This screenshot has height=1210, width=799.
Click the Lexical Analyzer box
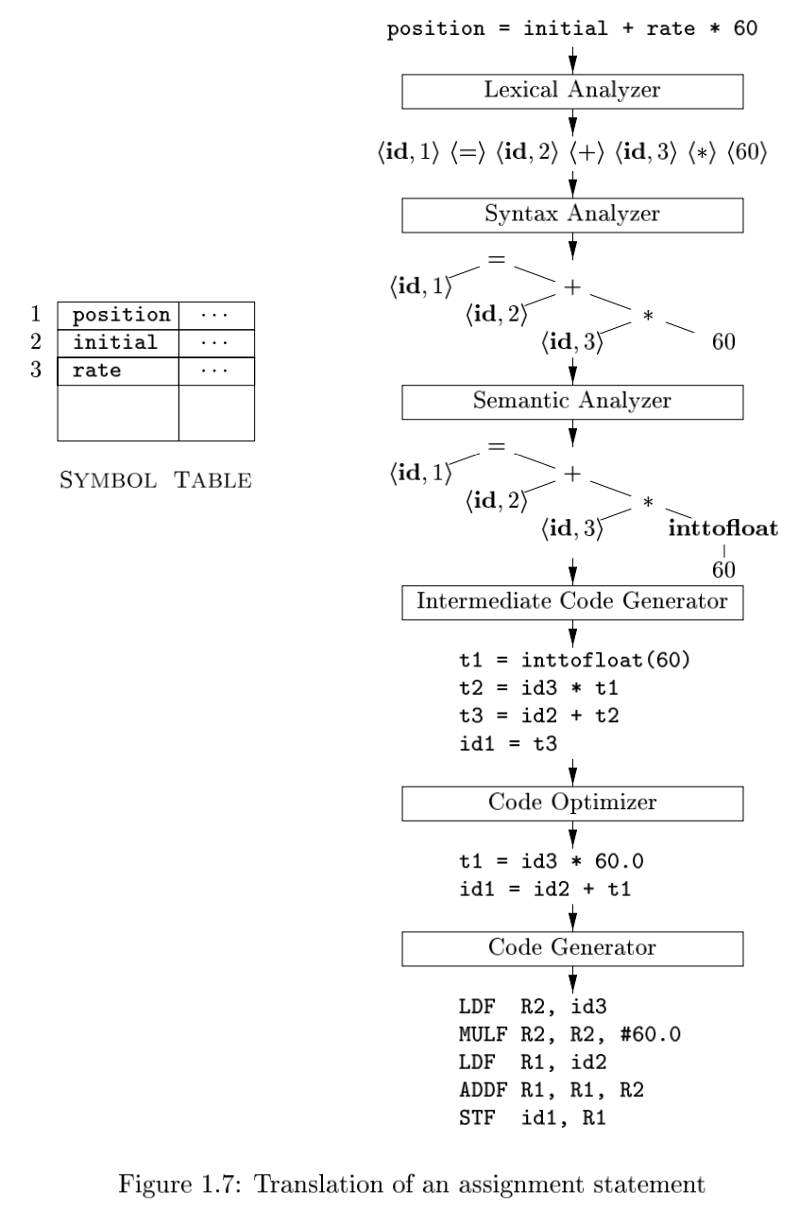[x=572, y=92]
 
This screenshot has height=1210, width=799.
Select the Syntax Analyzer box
[x=572, y=215]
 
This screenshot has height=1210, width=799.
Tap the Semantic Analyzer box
[x=572, y=402]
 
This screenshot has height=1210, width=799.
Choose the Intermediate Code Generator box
[x=572, y=602]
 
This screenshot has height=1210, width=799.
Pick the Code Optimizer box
[x=572, y=804]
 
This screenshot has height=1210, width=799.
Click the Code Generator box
[x=572, y=948]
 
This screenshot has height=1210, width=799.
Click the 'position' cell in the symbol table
[x=118, y=316]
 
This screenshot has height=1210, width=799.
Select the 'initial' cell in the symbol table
[x=118, y=343]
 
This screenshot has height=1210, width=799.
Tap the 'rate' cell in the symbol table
[x=118, y=372]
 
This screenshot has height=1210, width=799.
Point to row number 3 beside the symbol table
[x=36, y=370]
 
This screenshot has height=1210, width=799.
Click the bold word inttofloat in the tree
[x=722, y=527]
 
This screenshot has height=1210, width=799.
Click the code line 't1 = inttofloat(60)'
[x=574, y=660]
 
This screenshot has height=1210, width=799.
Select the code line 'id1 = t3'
[x=507, y=744]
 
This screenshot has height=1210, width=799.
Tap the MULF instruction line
[x=569, y=1034]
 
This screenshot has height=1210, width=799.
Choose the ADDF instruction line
[x=552, y=1090]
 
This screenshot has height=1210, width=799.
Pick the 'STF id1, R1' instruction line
[x=533, y=1117]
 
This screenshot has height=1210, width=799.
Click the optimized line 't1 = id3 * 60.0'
[x=552, y=861]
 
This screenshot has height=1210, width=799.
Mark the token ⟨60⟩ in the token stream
[x=747, y=152]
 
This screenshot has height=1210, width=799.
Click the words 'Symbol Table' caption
[x=156, y=480]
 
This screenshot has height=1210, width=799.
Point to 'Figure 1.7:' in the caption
[x=179, y=1184]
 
